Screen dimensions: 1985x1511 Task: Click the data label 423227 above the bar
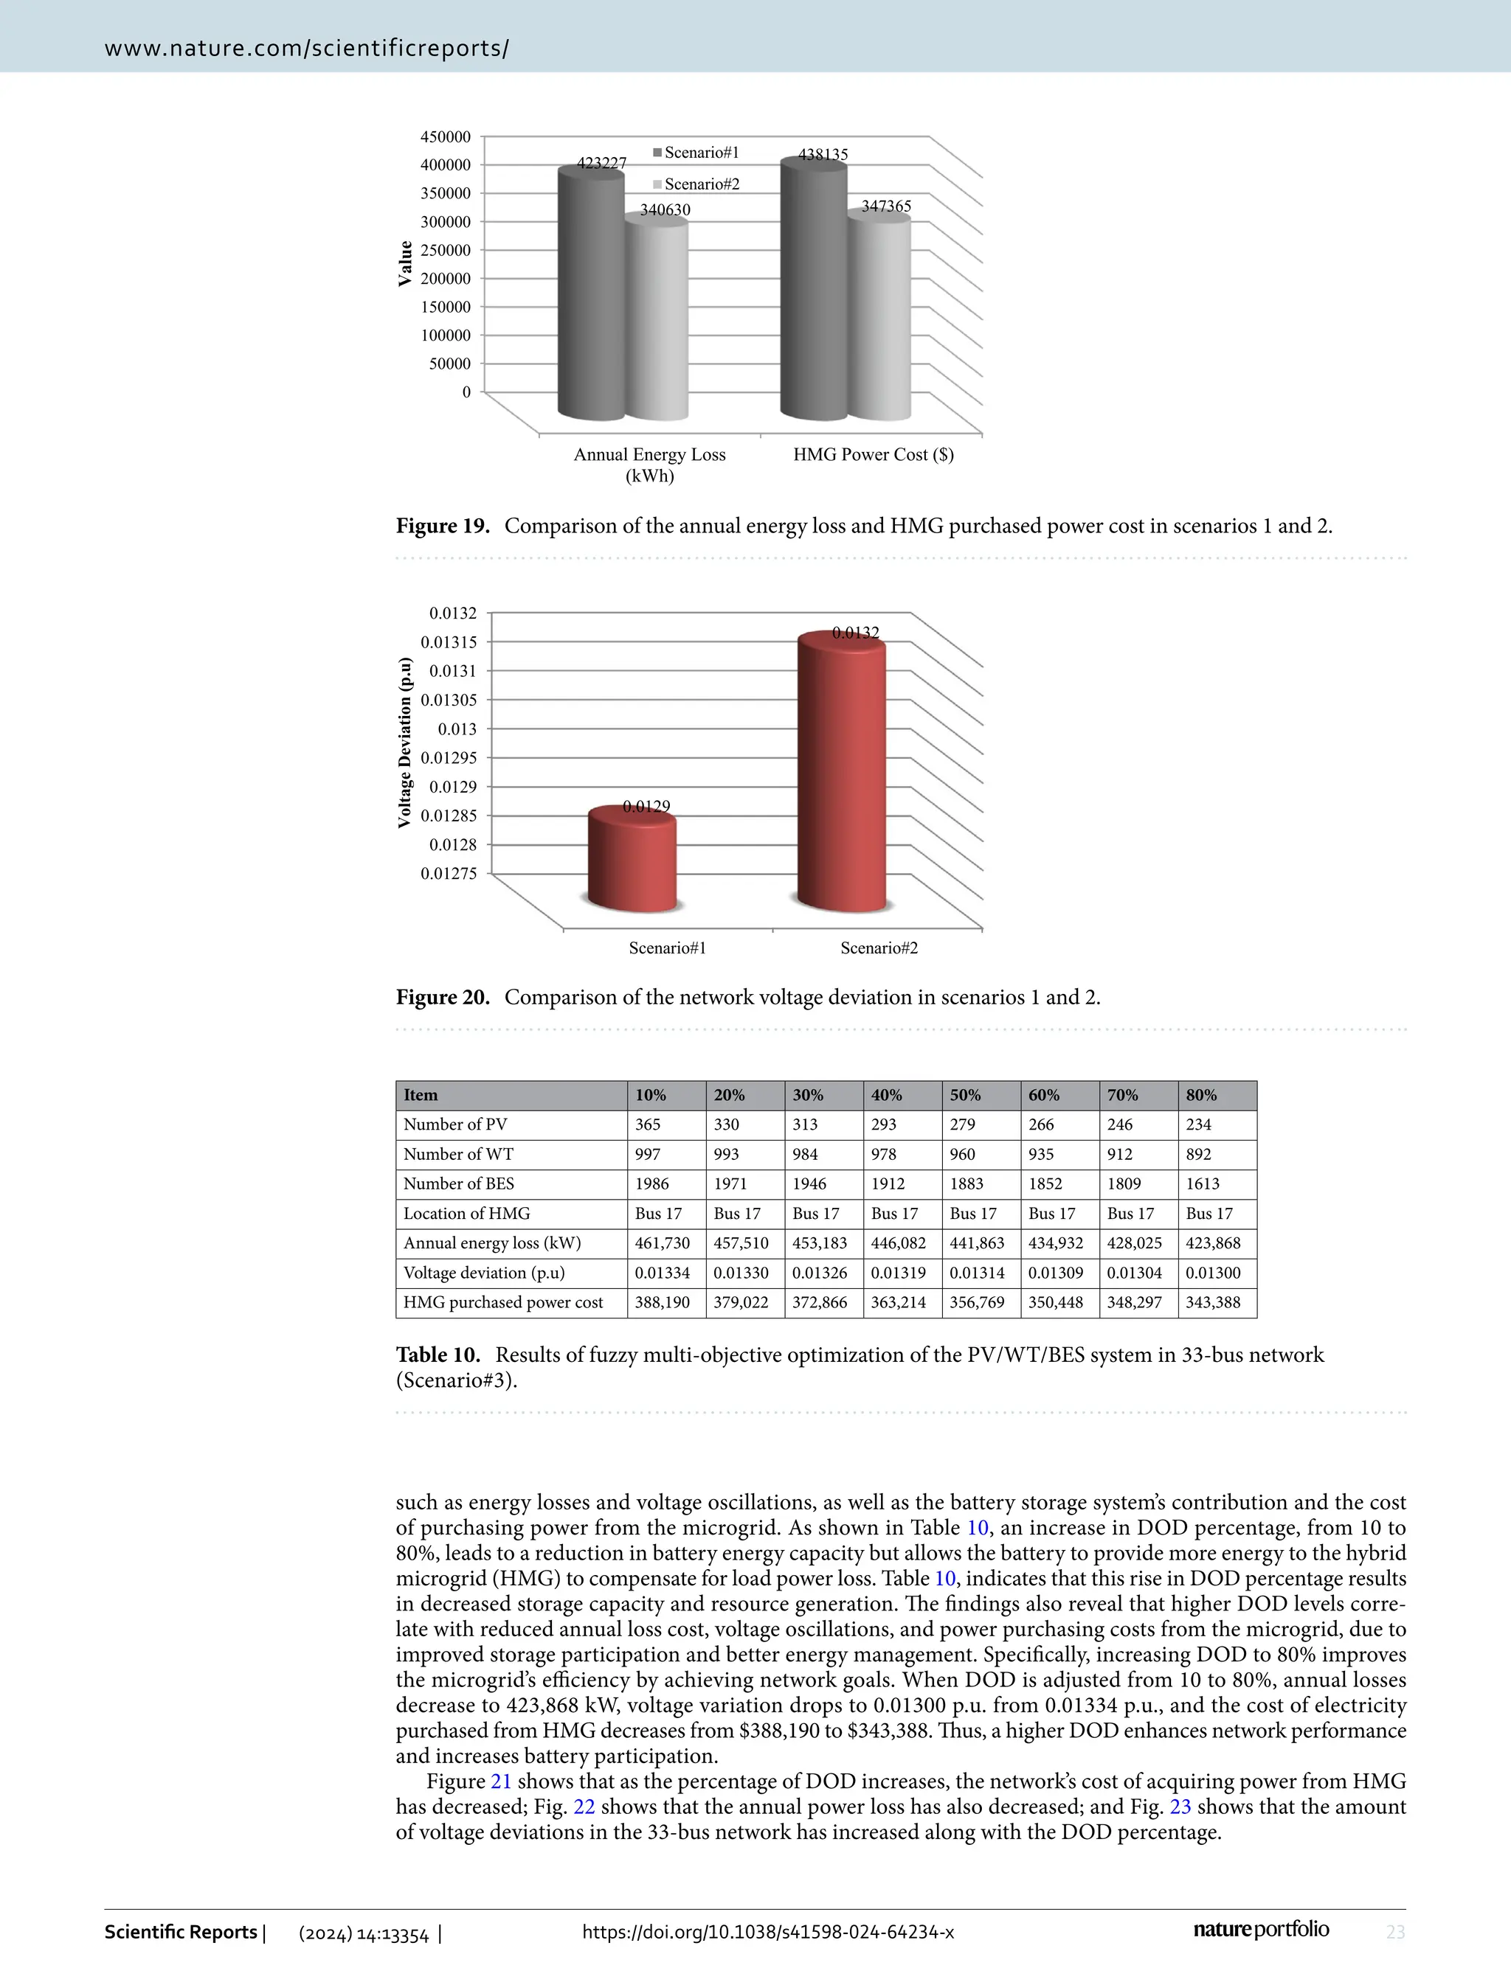[601, 163]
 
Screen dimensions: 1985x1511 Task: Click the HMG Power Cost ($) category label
[872, 454]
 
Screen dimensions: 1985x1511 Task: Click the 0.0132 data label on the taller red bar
[854, 633]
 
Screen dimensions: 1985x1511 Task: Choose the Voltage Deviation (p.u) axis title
[406, 743]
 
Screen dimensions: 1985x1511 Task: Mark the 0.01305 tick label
[449, 700]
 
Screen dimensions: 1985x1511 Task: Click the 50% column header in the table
[965, 1095]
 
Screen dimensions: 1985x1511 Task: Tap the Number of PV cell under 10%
[648, 1124]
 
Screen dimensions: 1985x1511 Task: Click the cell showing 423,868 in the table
[1212, 1243]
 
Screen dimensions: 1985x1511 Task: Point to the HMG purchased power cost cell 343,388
[1212, 1303]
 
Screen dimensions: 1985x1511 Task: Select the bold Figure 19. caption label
[443, 526]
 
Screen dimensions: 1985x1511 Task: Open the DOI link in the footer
[768, 1932]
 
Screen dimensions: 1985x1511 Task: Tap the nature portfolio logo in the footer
[1261, 1929]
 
